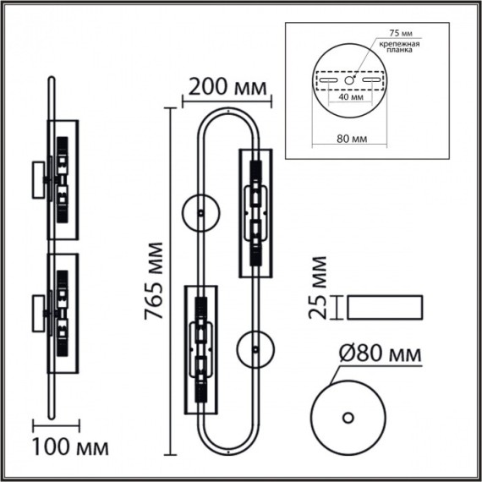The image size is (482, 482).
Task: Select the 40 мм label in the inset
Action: (349, 96)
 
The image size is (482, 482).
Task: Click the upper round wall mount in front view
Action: (200, 211)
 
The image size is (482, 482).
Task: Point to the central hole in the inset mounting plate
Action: (348, 80)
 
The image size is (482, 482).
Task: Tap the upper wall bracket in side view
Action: (40, 180)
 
